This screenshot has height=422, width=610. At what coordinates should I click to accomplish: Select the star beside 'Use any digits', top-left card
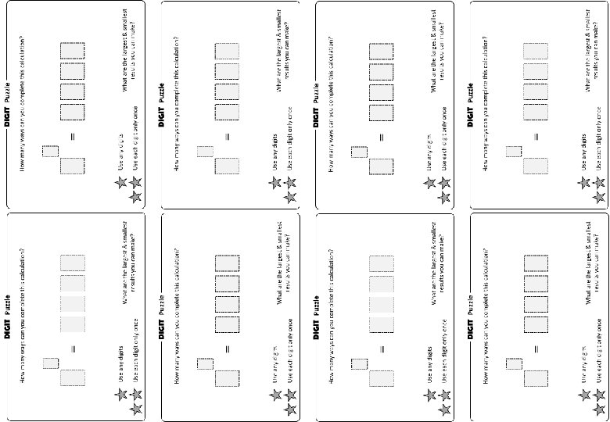pos(121,183)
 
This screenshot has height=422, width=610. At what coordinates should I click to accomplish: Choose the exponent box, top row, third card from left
pos(360,152)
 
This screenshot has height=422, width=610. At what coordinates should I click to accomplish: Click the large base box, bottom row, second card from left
pos(228,378)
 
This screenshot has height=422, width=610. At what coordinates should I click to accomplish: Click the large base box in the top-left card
pos(73,166)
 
